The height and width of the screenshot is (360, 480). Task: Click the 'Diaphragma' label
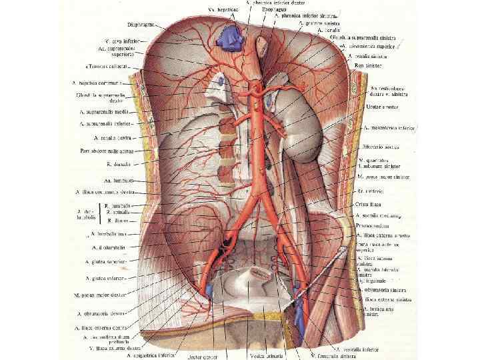pos(143,25)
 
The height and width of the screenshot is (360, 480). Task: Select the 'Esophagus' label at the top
pos(275,11)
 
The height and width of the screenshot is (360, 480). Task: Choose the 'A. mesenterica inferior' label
pos(387,127)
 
